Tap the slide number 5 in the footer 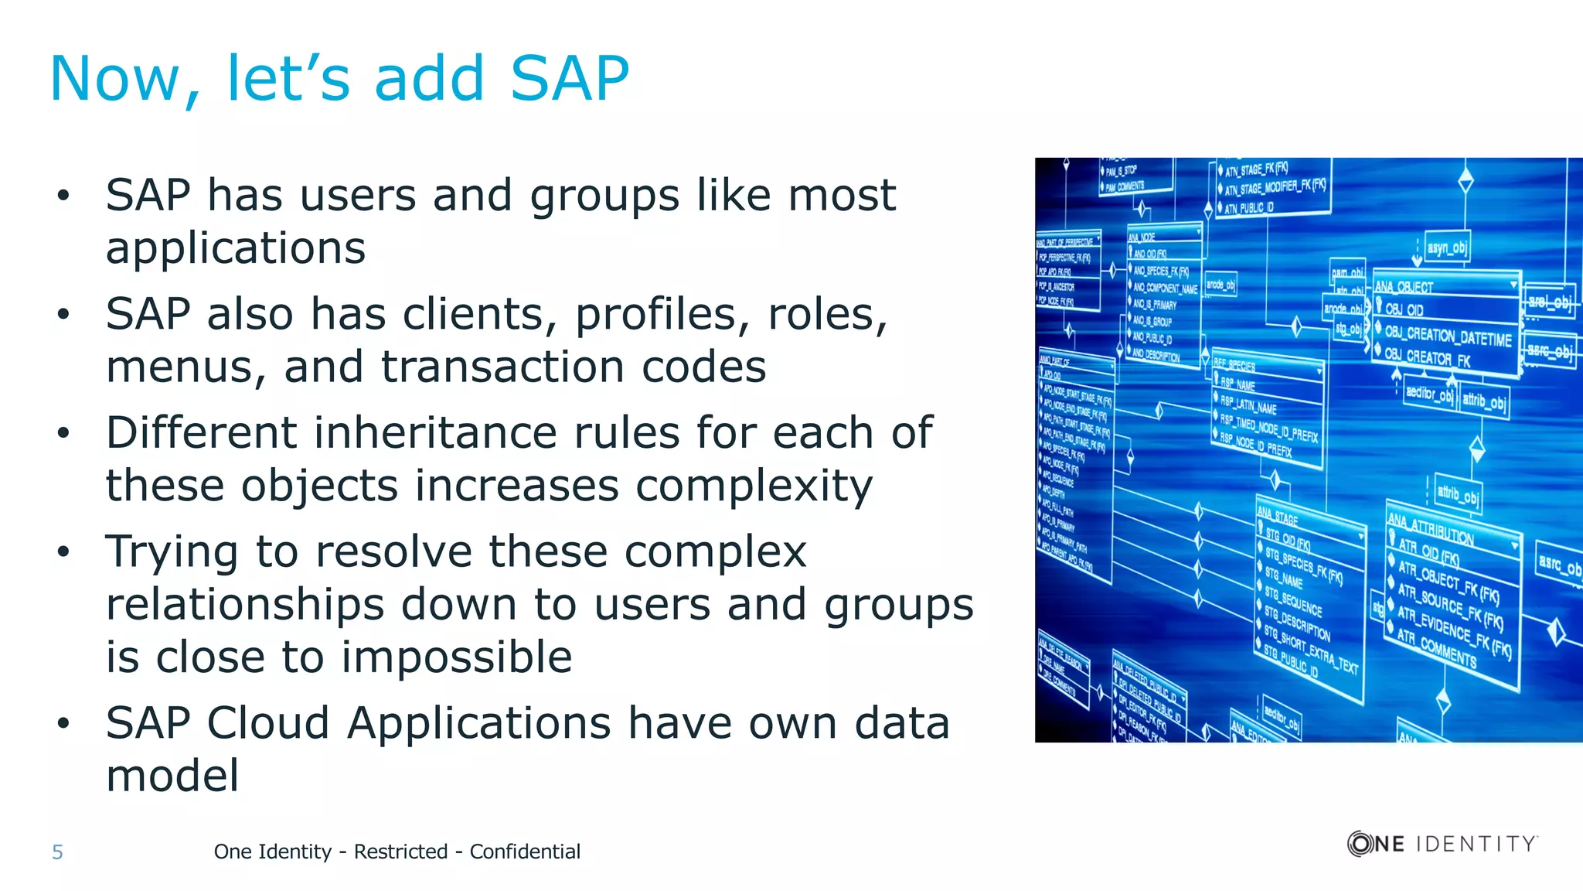[x=57, y=852]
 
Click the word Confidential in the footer [x=525, y=852]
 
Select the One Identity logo [x=1442, y=843]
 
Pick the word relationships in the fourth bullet [x=246, y=604]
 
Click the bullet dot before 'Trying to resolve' [x=63, y=552]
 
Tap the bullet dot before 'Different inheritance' [x=63, y=433]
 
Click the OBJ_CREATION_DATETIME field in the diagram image [x=1447, y=336]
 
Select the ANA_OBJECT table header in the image [x=1404, y=287]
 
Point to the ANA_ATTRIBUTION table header [x=1431, y=529]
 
